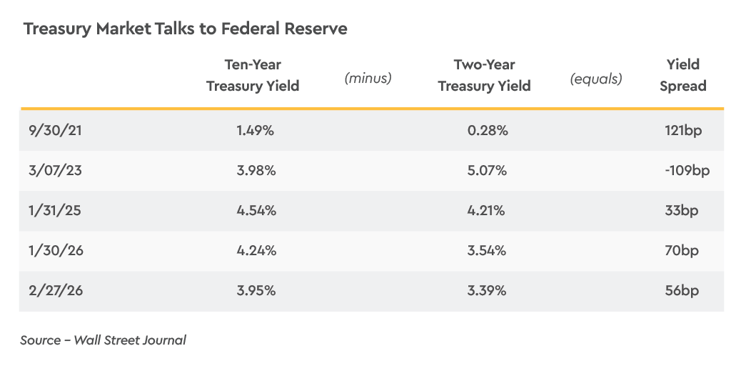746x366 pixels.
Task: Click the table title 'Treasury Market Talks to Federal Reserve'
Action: click(x=185, y=29)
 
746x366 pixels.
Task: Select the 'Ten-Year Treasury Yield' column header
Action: click(x=252, y=75)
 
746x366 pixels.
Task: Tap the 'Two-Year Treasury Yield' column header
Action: click(x=484, y=75)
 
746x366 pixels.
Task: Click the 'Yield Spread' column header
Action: click(x=682, y=75)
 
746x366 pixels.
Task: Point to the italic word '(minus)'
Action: click(x=368, y=78)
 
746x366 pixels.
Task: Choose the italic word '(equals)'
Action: click(x=595, y=78)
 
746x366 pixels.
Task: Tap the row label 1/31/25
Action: click(x=46, y=211)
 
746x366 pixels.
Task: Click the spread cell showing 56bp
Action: click(x=682, y=291)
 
